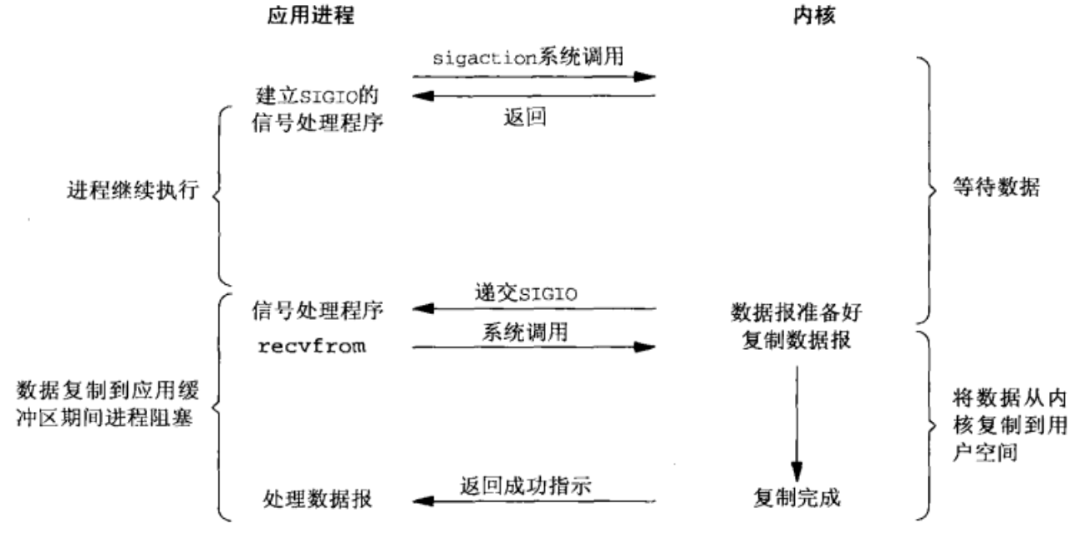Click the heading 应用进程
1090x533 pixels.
tap(304, 16)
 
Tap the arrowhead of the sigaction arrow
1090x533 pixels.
tap(644, 77)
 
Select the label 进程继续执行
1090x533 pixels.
tap(133, 190)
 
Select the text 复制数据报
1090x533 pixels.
tap(789, 341)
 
